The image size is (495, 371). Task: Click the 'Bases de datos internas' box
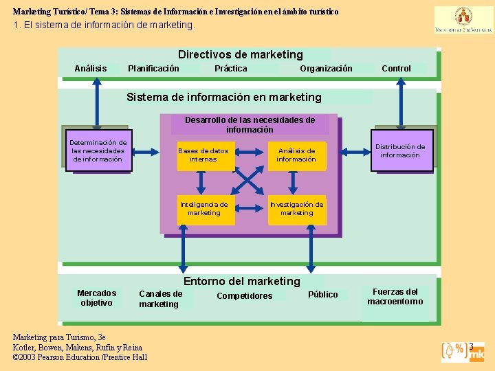point(203,155)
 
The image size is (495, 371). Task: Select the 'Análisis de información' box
point(296,155)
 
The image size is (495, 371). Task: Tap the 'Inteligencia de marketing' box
point(204,209)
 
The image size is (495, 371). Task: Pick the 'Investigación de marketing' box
point(296,209)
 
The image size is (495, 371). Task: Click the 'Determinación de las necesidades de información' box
point(98,151)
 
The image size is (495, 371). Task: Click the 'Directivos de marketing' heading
point(240,54)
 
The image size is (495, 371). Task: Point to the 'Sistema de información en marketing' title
point(223,97)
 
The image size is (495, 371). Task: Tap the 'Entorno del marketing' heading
point(241,281)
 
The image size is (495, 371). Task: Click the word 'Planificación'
point(153,69)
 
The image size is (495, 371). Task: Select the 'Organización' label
point(326,69)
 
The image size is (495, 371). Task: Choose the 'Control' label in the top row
point(396,69)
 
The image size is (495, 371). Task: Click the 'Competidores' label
point(244,296)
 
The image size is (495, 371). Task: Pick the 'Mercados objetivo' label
point(97,298)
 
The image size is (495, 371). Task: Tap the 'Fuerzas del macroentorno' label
point(395,297)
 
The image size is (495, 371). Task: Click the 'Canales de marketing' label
point(160,299)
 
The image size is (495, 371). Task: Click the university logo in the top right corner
point(454,20)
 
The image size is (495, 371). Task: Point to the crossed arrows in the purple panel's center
point(249,181)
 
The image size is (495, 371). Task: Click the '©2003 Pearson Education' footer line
point(80,357)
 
